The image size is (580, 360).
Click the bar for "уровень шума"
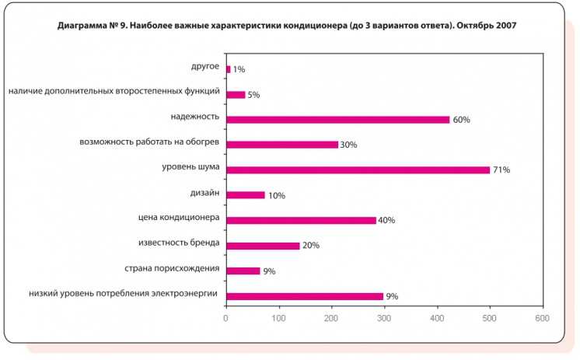click(x=358, y=170)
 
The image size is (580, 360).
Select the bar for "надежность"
click(x=338, y=120)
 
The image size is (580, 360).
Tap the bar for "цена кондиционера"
click(x=301, y=220)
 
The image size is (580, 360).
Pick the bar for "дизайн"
click(x=245, y=195)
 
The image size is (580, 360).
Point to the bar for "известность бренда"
click(x=263, y=246)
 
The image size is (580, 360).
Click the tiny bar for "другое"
click(x=228, y=69)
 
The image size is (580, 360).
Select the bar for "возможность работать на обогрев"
click(x=282, y=145)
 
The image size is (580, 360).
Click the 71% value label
click(x=501, y=170)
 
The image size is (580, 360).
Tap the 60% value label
click(x=462, y=121)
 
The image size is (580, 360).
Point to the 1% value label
click(x=239, y=70)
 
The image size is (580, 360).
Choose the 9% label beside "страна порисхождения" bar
click(x=269, y=271)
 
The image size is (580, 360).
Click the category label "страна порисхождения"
click(x=172, y=269)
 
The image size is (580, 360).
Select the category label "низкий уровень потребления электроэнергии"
click(x=124, y=294)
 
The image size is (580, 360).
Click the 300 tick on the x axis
click(x=385, y=318)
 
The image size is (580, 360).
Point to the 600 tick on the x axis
click(x=542, y=318)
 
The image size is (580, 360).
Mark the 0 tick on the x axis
click(x=225, y=318)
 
